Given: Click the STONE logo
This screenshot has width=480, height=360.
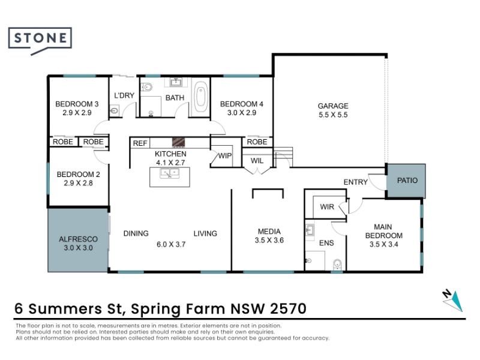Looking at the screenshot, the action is (x=40, y=40).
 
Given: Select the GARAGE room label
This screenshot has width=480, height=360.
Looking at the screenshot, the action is (x=333, y=106).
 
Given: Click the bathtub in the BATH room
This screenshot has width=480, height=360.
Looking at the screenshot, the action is (x=200, y=97).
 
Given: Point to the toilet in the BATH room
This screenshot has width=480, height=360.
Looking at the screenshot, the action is (x=146, y=87).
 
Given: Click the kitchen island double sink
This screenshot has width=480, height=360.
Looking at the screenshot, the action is (x=170, y=173).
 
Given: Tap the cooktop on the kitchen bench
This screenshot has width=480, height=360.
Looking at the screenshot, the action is (x=178, y=142).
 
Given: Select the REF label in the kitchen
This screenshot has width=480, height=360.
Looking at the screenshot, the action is (x=140, y=143).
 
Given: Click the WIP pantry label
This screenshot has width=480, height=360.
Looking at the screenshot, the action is (x=224, y=156).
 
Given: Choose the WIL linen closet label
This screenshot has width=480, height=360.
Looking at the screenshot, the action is (x=257, y=161).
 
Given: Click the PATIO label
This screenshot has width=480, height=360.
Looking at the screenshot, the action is (x=407, y=181).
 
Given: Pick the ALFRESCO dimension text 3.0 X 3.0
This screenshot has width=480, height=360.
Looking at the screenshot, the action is (x=78, y=248).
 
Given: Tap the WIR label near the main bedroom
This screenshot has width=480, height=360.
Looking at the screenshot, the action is (x=327, y=207).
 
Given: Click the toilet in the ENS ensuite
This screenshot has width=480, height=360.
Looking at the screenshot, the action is (x=337, y=265).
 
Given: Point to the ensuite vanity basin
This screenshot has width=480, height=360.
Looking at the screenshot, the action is (x=310, y=230).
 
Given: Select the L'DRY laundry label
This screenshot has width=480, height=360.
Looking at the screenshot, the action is (x=124, y=95).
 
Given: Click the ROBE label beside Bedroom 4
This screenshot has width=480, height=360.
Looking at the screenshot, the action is (x=257, y=142).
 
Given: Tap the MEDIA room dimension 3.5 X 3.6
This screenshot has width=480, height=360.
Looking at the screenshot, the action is (x=269, y=241).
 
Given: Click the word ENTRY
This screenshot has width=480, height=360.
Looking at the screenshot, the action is (x=355, y=182).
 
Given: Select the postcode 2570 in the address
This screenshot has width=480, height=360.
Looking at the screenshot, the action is (x=288, y=308).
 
